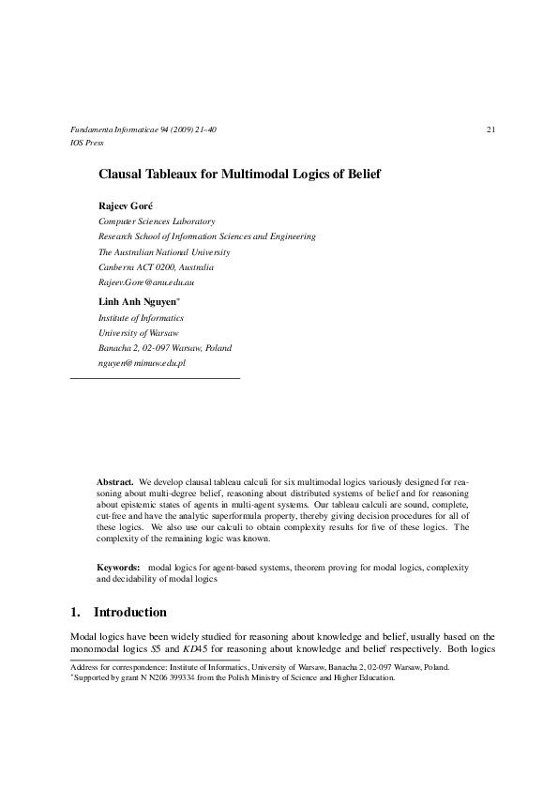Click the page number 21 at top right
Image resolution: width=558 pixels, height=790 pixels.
tap(490, 129)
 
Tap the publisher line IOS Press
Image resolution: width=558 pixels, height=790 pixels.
tap(86, 143)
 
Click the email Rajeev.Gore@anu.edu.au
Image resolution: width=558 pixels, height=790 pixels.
tap(145, 281)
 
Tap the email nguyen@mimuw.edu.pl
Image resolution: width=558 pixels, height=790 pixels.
tap(143, 362)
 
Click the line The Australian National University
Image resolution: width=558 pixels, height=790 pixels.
tap(164, 251)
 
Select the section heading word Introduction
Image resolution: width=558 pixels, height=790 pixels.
tap(130, 613)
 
